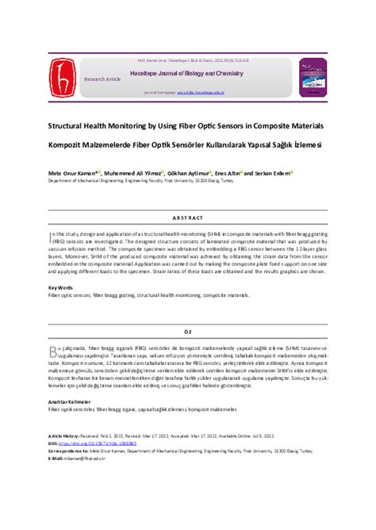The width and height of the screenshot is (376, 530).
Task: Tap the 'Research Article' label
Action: point(102,79)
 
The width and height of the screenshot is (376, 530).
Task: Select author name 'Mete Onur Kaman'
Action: point(72,172)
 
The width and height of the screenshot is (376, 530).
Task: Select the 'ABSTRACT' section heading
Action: point(188,217)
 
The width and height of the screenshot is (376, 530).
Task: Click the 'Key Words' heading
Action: point(60,287)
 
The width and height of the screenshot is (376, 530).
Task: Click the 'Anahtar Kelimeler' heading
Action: point(67,402)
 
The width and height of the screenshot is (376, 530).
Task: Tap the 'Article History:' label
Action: point(64,436)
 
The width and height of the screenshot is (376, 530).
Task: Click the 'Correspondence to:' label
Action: point(67,451)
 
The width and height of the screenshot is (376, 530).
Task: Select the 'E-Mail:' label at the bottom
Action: point(56,458)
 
